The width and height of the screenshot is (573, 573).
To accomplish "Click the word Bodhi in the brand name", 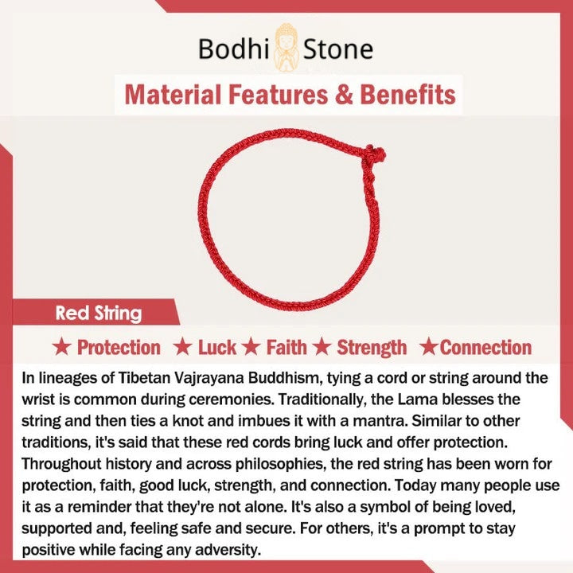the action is tap(233, 49).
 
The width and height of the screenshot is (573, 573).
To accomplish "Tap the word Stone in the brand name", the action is tap(337, 49).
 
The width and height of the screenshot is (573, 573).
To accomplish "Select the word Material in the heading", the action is tap(173, 95).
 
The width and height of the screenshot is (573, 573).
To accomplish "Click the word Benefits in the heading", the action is tap(407, 95).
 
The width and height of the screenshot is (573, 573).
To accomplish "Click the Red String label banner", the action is tap(95, 313).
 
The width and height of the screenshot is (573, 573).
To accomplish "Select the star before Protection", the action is tap(61, 346).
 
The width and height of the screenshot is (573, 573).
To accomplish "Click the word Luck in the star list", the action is tap(217, 347).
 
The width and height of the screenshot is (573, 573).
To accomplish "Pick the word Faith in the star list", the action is tap(286, 347).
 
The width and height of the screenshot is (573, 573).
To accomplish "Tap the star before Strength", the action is tap(322, 346).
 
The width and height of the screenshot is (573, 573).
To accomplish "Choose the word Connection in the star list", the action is tap(485, 347).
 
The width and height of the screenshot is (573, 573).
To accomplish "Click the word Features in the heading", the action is tap(278, 95).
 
